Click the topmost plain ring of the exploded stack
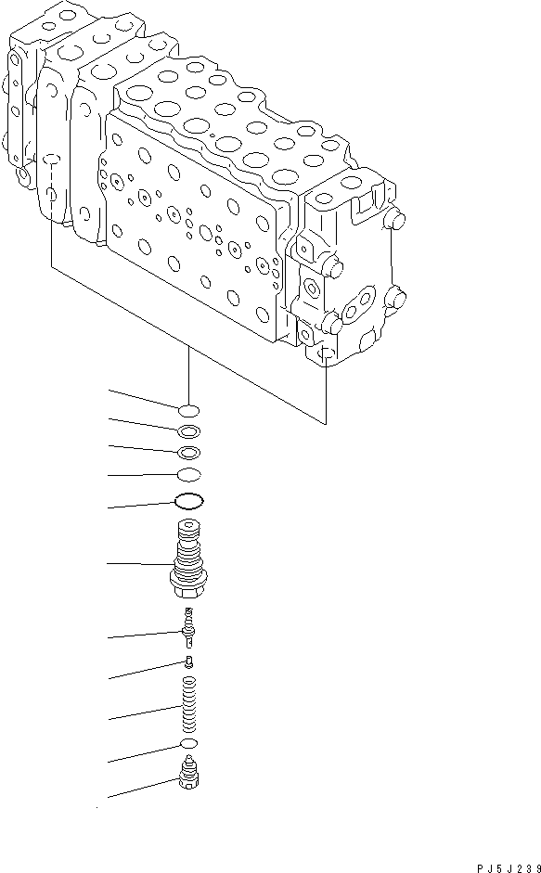188,409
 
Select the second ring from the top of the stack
188,430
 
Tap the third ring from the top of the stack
188,452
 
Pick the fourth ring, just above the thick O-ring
188,475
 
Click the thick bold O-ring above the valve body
188,502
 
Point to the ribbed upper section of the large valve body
188,547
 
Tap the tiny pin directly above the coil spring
188,661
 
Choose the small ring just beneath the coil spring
188,745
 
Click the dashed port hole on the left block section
53,196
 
